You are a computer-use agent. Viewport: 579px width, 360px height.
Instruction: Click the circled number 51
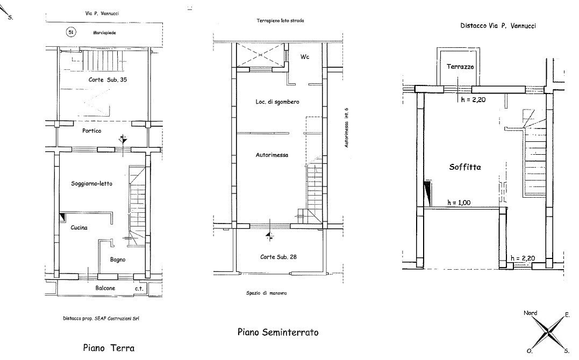pyautogui.click(x=70, y=32)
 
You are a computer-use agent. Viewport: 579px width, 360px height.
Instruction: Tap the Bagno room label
pyautogui.click(x=118, y=260)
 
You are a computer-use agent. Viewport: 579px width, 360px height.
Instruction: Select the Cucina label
pyautogui.click(x=79, y=228)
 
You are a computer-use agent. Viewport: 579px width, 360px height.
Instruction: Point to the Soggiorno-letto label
pyautogui.click(x=91, y=184)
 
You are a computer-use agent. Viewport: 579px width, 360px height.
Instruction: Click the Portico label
pyautogui.click(x=91, y=131)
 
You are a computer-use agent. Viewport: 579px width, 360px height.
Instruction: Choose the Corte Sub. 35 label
pyautogui.click(x=108, y=80)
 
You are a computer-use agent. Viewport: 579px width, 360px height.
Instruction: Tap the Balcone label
pyautogui.click(x=105, y=288)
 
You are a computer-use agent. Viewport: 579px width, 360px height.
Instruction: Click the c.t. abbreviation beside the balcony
pyautogui.click(x=139, y=289)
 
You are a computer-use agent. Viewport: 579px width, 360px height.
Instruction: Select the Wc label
pyautogui.click(x=305, y=57)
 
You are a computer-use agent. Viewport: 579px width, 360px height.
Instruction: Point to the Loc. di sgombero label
pyautogui.click(x=277, y=102)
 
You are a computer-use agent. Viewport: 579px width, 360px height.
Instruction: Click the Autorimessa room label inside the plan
pyautogui.click(x=272, y=155)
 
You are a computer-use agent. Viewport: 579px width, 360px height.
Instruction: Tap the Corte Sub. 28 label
pyautogui.click(x=278, y=257)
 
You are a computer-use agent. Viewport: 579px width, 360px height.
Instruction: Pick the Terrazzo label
pyautogui.click(x=460, y=67)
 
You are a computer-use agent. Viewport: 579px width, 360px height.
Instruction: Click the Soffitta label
pyautogui.click(x=465, y=167)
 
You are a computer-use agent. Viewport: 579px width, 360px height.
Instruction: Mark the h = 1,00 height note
pyautogui.click(x=459, y=203)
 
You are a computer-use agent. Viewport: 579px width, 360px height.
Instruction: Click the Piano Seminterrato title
pyautogui.click(x=278, y=332)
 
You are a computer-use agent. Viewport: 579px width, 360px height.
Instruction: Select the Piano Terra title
pyautogui.click(x=109, y=348)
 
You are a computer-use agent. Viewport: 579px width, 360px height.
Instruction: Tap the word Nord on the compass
pyautogui.click(x=530, y=313)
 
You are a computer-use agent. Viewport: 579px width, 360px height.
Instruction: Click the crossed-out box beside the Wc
pyautogui.click(x=260, y=55)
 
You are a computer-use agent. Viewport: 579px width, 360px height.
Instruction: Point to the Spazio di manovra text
pyautogui.click(x=266, y=293)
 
